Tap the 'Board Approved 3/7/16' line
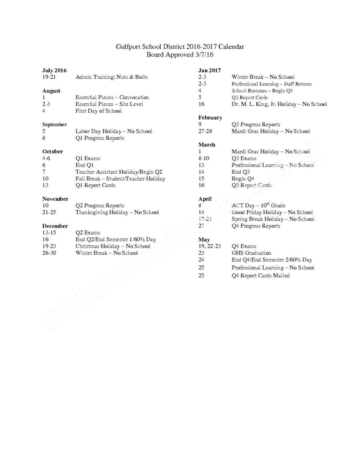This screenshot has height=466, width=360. pos(180,54)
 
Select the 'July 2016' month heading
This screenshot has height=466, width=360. pos(54,71)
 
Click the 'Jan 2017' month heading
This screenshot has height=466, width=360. pos(209,70)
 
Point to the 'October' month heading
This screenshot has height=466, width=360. pos(52,151)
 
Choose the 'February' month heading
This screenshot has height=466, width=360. pos(210,117)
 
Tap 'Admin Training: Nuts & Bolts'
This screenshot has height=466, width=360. pos(111,77)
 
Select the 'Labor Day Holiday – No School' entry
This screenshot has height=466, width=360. pos(113,131)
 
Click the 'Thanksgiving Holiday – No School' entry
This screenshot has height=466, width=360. pos(117,212)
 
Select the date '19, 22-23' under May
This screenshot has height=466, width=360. pos(210,246)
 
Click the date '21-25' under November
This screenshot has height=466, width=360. pos(49,212)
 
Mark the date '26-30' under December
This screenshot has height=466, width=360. pos(49,253)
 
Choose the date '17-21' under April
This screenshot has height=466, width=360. pos(205,219)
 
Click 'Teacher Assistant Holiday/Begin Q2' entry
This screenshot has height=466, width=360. pos(118,172)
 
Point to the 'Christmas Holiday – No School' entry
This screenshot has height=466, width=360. pos(113,246)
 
